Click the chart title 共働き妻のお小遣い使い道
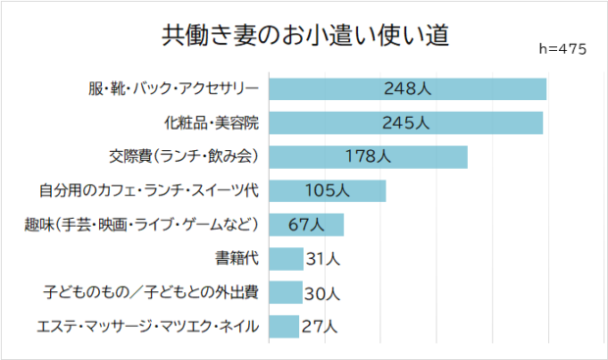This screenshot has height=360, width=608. (304, 36)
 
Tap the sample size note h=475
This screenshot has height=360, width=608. (563, 49)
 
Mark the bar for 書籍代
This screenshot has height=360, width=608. (285, 259)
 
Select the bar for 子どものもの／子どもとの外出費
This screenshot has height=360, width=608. (285, 292)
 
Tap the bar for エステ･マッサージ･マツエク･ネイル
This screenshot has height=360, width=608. (283, 326)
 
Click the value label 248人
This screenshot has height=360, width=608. (408, 90)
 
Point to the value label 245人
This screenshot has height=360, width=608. (406, 124)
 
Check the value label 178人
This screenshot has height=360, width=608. (368, 157)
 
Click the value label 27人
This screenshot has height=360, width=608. (318, 326)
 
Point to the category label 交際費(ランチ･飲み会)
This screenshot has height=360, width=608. (183, 157)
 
